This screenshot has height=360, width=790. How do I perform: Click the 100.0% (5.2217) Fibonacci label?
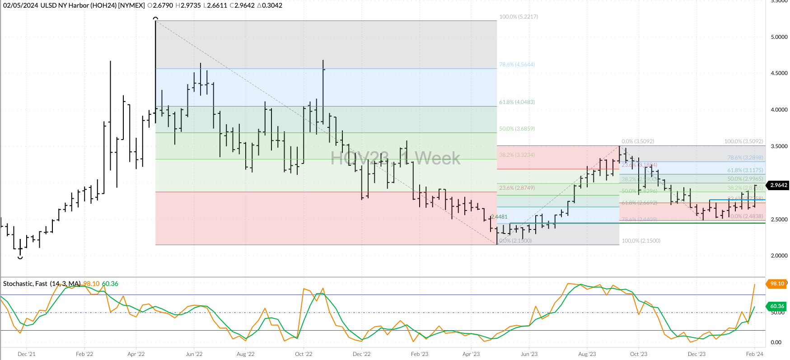point(518,17)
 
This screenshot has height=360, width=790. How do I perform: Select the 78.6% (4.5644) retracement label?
point(517,65)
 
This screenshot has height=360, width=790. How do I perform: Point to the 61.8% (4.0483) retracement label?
point(517,102)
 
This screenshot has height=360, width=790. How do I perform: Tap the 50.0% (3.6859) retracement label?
point(517,129)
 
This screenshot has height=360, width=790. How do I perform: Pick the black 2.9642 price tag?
point(778,185)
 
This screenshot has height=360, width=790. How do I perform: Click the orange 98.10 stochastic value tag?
point(777,284)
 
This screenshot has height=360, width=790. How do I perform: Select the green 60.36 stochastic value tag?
point(777,306)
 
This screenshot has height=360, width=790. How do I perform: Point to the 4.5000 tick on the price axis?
point(779,73)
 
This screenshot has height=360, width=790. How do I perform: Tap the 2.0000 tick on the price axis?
point(779,256)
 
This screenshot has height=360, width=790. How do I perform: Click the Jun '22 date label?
point(194,354)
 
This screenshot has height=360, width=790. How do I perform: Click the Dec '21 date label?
point(26,354)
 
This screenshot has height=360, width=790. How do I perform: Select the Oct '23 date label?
point(639,354)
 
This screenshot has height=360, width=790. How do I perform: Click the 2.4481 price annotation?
point(499,217)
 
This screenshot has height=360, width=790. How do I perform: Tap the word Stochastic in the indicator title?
point(18,284)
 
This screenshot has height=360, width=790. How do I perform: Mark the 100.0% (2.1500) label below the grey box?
point(641,241)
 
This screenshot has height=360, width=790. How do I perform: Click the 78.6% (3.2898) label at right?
point(745,158)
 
